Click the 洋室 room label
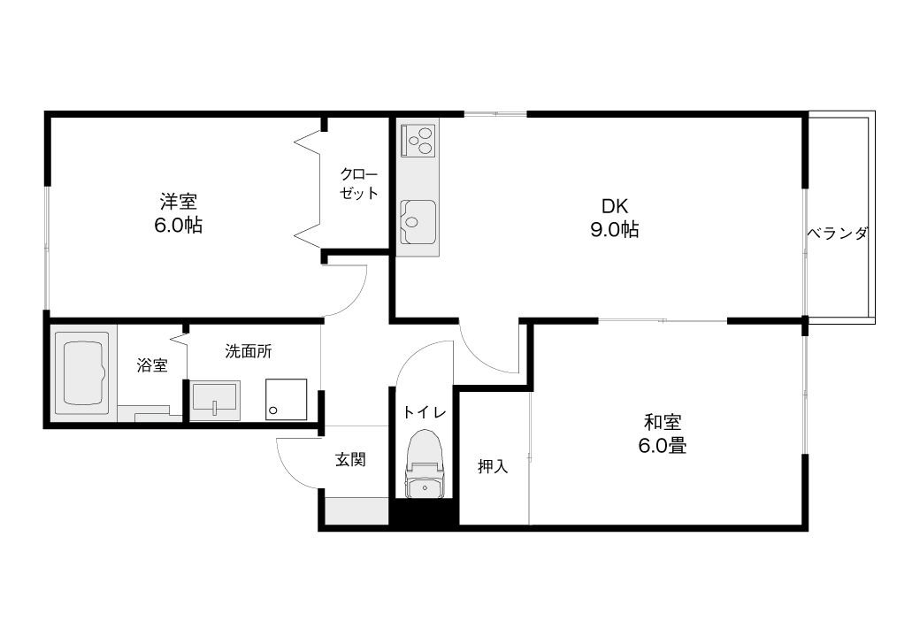click(x=179, y=202)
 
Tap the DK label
click(x=614, y=206)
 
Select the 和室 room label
click(x=663, y=422)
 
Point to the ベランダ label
click(x=837, y=234)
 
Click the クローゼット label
click(x=359, y=183)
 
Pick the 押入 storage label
click(x=494, y=466)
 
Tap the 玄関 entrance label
click(x=350, y=460)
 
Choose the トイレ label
click(x=425, y=412)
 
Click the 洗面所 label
click(x=249, y=351)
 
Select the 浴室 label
click(x=152, y=365)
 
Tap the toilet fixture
click(x=425, y=464)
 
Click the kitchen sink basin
click(x=418, y=222)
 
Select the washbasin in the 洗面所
click(x=215, y=400)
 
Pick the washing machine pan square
click(x=287, y=399)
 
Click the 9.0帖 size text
click(x=615, y=230)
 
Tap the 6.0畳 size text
click(x=663, y=446)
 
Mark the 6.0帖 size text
click(x=179, y=226)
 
